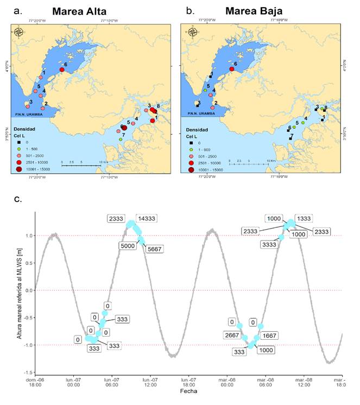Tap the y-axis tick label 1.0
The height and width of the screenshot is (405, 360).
click(x=27, y=236)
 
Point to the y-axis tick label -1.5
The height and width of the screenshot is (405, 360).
click(x=26, y=372)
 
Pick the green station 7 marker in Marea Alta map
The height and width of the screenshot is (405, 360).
click(x=121, y=140)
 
